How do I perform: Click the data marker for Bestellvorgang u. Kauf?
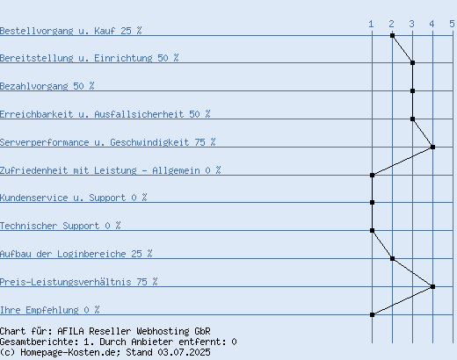pyautogui.click(x=392, y=36)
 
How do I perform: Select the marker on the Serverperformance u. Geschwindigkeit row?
pyautogui.click(x=432, y=147)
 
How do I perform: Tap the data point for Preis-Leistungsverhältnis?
pyautogui.click(x=432, y=286)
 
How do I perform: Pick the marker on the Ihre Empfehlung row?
pyautogui.click(x=372, y=314)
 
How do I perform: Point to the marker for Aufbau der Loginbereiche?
pyautogui.click(x=392, y=258)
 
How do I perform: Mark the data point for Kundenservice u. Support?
pyautogui.click(x=372, y=202)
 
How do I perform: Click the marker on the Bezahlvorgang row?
pyautogui.click(x=412, y=90)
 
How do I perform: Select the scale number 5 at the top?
pyautogui.click(x=452, y=24)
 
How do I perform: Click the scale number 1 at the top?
pyautogui.click(x=371, y=24)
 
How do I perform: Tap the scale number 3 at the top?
pyautogui.click(x=411, y=24)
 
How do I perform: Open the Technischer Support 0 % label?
pyautogui.click(x=60, y=226)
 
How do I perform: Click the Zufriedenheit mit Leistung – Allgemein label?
pyautogui.click(x=100, y=170)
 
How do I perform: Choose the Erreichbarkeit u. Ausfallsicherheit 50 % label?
pyautogui.click(x=105, y=114)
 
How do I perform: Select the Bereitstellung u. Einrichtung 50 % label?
pyautogui.click(x=90, y=58)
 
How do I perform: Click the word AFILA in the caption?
pyautogui.click(x=70, y=331)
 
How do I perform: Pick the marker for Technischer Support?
pyautogui.click(x=372, y=230)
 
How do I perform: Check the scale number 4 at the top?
pyautogui.click(x=432, y=24)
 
